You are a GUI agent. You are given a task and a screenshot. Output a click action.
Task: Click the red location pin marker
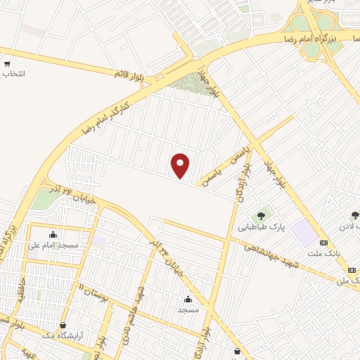(x=181, y=165)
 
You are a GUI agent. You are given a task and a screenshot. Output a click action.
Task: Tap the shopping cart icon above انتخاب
(x=6, y=63)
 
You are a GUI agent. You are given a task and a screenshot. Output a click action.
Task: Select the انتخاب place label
(x=13, y=73)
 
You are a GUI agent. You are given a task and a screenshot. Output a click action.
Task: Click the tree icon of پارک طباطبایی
(x=262, y=216)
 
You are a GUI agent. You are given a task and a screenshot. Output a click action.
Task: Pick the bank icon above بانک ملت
(x=323, y=242)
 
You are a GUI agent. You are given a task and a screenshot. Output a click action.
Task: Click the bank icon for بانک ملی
(x=352, y=269)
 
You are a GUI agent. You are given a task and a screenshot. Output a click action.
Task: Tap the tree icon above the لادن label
(x=354, y=216)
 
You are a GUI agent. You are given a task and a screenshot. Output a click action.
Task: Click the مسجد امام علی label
(x=53, y=244)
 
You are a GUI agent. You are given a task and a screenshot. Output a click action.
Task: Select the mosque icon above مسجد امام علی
(x=53, y=234)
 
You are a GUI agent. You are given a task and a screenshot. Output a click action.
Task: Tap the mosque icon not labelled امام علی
(x=188, y=299)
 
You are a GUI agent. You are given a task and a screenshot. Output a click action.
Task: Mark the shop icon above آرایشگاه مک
(x=65, y=325)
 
